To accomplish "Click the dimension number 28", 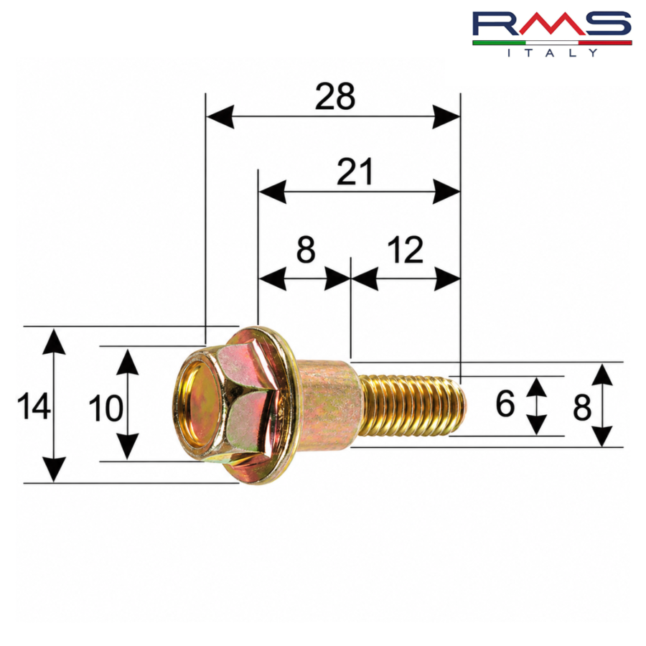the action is pos(335,96).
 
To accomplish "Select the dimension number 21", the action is pos(355,172).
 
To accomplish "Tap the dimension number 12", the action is pos(406,250).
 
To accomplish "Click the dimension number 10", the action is pos(106,408).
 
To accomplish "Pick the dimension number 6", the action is pos(505,403).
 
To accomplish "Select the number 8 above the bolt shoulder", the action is pos(306,250).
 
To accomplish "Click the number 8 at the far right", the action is pos(582,408).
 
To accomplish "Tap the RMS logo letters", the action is pos(552,24).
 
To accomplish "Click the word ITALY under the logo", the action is pos(552,52).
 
